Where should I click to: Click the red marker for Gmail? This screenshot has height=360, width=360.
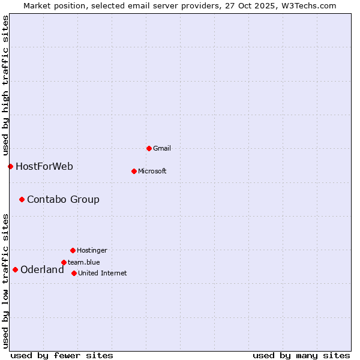[x=149, y=148]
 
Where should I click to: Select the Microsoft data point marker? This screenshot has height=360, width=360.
[x=134, y=171]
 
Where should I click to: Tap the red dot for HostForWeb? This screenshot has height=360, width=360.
[x=10, y=166]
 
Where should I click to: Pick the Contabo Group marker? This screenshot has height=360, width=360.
[x=22, y=199]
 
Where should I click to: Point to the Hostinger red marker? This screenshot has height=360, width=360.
[x=73, y=250]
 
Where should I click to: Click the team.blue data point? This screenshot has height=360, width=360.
[x=64, y=262]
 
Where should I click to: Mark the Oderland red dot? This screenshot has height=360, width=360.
[x=15, y=269]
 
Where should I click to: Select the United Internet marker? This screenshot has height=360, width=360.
[x=74, y=273]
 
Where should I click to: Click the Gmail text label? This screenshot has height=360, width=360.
[x=162, y=148]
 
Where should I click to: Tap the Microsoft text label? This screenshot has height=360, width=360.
[x=152, y=171]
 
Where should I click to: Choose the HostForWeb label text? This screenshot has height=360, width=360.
[x=44, y=166]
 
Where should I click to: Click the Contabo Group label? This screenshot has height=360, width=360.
[x=63, y=199]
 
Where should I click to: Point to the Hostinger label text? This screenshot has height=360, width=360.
[x=92, y=250]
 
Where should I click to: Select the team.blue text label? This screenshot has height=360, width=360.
[x=84, y=262]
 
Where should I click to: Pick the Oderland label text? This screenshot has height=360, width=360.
[x=42, y=269]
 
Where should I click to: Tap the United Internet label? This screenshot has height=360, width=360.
[x=103, y=273]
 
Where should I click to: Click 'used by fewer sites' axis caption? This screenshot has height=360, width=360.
[x=62, y=355]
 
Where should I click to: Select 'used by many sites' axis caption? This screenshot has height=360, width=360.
[x=301, y=355]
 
